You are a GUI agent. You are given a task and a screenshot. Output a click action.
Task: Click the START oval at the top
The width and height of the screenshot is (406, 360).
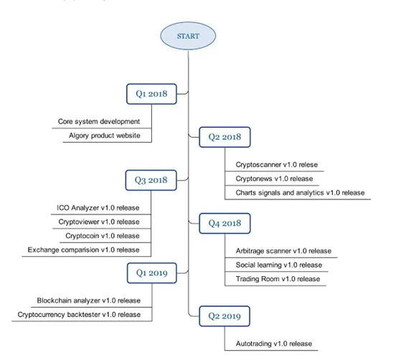(188, 36)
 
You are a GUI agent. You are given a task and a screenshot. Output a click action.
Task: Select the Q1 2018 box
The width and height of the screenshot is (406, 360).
(152, 94)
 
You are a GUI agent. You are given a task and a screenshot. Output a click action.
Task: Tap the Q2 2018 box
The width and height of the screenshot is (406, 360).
(225, 137)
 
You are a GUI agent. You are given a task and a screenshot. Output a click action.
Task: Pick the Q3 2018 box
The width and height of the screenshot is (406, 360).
(151, 181)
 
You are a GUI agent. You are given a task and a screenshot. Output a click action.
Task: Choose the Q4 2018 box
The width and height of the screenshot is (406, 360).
(225, 223)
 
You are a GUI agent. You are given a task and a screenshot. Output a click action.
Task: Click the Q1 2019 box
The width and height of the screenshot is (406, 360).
(152, 273)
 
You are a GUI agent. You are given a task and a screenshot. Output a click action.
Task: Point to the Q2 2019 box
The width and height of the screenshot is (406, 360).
(225, 316)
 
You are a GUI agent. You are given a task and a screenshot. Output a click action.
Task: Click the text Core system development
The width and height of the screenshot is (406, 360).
(99, 122)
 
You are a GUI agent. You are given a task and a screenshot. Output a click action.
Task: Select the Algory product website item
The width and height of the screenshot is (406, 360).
(105, 136)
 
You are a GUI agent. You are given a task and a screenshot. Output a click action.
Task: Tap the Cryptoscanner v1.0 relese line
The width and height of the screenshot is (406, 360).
(277, 165)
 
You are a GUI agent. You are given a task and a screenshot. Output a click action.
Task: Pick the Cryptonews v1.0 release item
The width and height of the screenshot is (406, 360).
(274, 179)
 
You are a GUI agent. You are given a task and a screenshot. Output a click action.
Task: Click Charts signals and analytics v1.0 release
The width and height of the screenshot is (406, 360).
(300, 193)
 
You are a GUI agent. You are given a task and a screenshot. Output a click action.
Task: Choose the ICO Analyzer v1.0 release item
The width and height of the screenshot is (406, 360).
(98, 208)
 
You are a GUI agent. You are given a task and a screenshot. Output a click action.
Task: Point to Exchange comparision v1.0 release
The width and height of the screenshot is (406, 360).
(84, 250)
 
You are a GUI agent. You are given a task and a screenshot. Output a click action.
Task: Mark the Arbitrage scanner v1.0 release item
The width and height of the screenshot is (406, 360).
(283, 251)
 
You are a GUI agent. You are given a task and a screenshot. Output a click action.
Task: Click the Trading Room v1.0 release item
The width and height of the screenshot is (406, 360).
(278, 279)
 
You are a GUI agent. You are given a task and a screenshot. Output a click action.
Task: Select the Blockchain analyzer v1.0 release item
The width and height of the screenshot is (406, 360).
(89, 300)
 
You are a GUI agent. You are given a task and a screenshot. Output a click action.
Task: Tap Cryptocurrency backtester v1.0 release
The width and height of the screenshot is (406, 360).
(79, 315)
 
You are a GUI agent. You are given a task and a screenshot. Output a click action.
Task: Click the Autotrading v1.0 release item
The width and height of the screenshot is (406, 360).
(274, 344)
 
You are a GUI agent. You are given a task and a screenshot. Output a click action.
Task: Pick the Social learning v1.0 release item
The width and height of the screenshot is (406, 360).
(279, 265)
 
